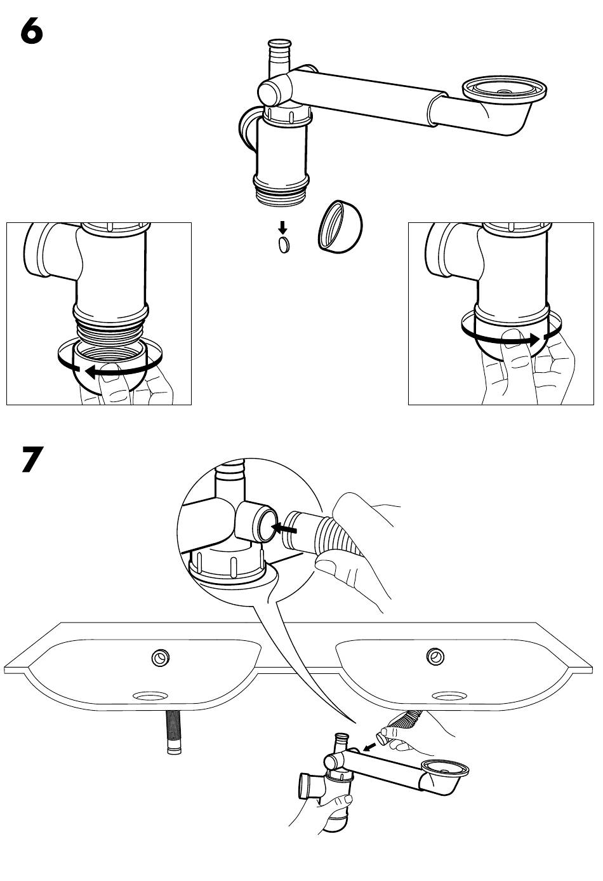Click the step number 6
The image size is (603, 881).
(31, 32)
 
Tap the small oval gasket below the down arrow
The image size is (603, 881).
(284, 245)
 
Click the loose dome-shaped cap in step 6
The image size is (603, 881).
(340, 227)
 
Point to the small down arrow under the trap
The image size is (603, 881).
(283, 227)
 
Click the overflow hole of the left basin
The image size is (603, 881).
(160, 657)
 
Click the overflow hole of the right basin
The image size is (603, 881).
(435, 655)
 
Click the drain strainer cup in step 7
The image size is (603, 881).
(447, 770)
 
